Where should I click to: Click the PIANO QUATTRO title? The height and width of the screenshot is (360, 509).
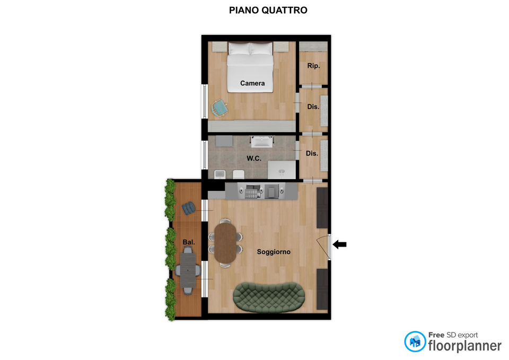coord(268,11)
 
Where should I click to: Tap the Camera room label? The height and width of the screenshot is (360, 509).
coord(252,83)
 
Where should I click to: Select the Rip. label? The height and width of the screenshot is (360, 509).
coord(313,66)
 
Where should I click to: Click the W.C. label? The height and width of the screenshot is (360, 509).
coord(253,159)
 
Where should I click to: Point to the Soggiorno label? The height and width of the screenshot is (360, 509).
coord(274,252)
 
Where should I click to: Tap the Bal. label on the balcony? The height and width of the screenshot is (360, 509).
coord(189,242)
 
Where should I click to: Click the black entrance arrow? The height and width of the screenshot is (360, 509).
coord(339,244)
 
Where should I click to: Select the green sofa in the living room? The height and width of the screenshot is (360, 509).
coord(269,297)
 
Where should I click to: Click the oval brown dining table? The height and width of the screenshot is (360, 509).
coord(225,243)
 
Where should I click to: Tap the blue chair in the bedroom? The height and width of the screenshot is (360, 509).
coord(220,108)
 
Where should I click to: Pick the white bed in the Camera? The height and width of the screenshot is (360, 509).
coord(250,67)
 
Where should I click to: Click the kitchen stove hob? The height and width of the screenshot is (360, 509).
coord(252,191)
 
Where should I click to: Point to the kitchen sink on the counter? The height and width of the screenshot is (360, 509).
coord(271,191)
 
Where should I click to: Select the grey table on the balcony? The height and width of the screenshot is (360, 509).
coord(188,270)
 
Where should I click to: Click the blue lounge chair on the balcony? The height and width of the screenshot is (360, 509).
coord(189,208)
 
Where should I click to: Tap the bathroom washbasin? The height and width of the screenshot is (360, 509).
coord(261,142)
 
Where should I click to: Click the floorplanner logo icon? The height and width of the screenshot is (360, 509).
coord(415,341)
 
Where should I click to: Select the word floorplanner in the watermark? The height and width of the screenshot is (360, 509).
coord(464,346)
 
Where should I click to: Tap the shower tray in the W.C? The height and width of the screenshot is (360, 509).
coord(282,170)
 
